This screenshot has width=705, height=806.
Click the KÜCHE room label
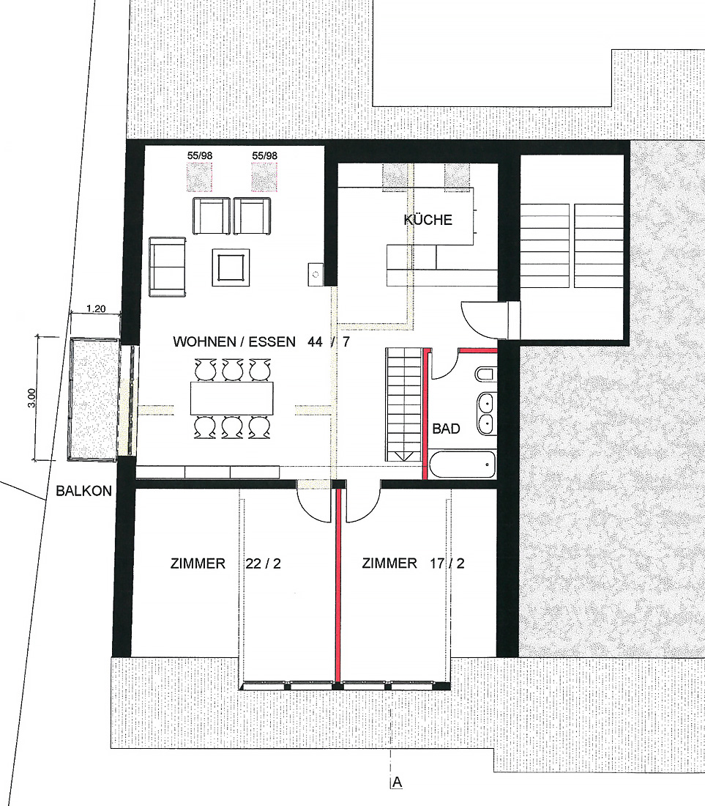coord(428,220)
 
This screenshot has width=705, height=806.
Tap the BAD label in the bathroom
coord(446,428)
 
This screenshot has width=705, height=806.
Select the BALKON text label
coord(83,491)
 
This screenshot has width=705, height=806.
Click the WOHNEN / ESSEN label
coord(234,342)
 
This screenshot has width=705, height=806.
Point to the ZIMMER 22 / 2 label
coord(225,563)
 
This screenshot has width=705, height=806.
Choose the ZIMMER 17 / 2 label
coord(413,563)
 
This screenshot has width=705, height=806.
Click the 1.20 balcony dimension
coord(96,309)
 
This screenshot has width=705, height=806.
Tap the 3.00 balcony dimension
coord(31,398)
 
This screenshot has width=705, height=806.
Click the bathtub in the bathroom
coord(462,464)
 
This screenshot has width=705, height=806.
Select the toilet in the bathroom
coord(486,374)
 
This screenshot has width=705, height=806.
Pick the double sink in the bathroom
coord(486,413)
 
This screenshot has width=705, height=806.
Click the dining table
coord(231,398)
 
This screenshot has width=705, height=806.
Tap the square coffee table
coord(231,267)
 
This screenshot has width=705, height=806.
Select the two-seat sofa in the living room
coord(168,267)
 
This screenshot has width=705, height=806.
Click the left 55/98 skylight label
coord(200,155)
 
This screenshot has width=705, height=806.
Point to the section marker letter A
coord(397,783)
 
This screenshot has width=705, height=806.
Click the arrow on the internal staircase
coord(404,456)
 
